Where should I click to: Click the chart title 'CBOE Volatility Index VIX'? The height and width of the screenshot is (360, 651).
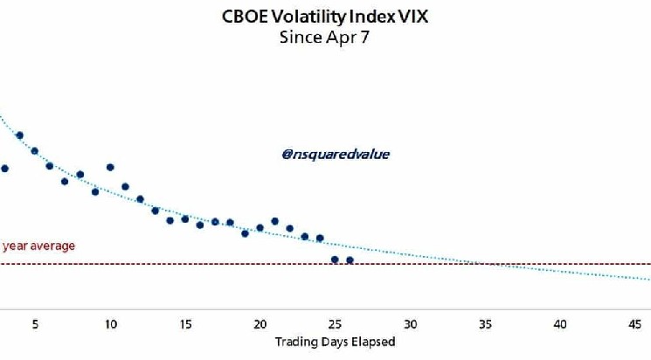[x=324, y=16]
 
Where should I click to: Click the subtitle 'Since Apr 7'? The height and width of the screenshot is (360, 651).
[x=324, y=37]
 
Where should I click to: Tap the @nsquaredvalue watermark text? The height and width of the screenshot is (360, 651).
[x=336, y=154]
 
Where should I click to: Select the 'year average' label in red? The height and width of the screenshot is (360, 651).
[x=38, y=246]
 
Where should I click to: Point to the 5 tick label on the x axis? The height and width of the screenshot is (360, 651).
[x=35, y=323]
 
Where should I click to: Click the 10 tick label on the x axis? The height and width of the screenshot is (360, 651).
[x=110, y=323]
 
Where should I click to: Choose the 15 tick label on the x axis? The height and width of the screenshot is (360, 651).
[x=185, y=323]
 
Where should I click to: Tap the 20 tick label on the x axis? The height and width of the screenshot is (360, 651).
[x=260, y=323]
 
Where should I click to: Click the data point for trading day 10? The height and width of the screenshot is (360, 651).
[x=110, y=167]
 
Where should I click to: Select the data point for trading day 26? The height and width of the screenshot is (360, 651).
[x=350, y=260]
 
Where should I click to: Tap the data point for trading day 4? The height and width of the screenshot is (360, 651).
[x=19, y=135]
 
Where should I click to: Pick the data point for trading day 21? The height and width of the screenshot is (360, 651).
[x=275, y=221]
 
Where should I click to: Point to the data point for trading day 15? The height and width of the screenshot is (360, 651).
[x=185, y=219]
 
